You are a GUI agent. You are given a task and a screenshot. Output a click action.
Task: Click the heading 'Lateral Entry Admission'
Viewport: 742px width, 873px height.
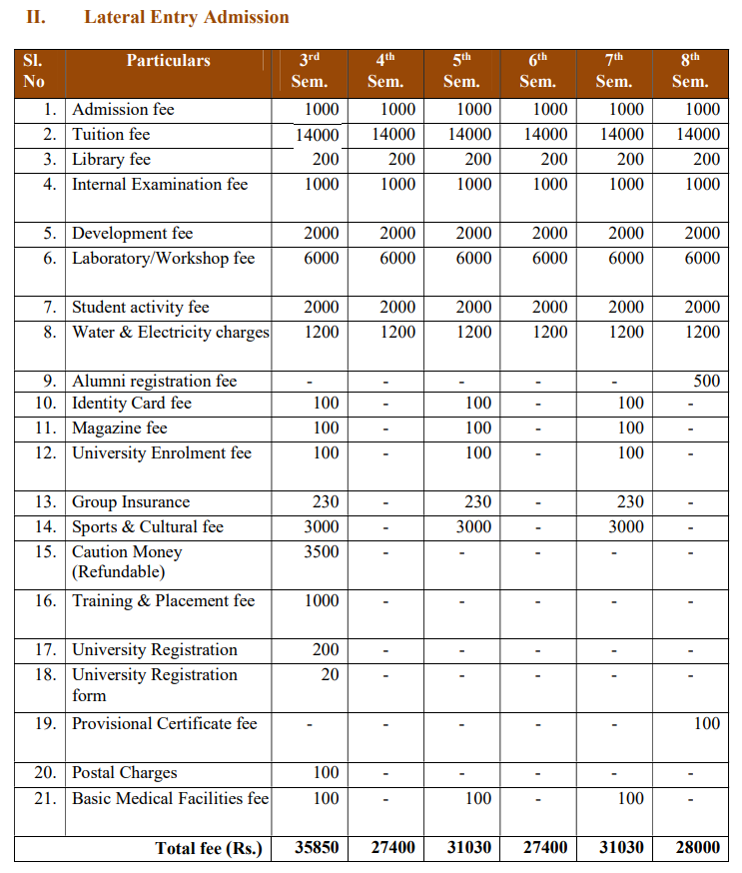point(187,17)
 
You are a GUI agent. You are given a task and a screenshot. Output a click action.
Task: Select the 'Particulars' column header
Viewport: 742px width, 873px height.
point(168,61)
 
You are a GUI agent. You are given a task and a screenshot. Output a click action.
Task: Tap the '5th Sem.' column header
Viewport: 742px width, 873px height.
point(461,71)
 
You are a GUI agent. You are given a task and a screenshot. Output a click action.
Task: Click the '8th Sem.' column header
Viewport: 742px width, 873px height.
point(689,71)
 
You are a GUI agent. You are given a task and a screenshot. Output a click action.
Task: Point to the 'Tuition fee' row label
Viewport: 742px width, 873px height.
point(111,134)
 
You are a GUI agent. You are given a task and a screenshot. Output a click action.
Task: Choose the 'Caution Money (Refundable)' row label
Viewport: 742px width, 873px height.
point(127,561)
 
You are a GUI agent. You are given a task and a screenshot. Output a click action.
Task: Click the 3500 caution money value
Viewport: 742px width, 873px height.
point(322,551)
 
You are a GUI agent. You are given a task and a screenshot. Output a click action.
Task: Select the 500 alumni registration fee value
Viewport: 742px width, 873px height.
point(706,381)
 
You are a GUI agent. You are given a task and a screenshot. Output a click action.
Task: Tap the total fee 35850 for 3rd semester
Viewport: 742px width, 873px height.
point(318,847)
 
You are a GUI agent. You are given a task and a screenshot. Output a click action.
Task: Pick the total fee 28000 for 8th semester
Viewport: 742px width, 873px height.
point(697,847)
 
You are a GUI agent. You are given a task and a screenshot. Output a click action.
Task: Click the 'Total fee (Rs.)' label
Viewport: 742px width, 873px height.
point(209,848)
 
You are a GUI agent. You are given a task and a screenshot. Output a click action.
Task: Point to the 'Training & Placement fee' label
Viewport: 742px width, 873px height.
point(163,600)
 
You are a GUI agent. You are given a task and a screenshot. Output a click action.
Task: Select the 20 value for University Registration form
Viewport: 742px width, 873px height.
point(330,674)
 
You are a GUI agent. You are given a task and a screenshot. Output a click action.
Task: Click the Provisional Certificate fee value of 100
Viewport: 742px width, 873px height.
point(706,723)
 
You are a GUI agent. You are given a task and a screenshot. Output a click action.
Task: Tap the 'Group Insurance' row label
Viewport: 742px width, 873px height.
point(131,501)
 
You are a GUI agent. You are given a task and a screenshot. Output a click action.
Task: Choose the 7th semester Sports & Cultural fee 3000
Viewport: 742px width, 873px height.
point(626,526)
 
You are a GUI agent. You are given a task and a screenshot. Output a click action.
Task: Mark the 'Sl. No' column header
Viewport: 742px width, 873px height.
point(34,71)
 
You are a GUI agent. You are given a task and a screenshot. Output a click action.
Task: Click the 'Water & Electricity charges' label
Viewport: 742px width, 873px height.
point(171,332)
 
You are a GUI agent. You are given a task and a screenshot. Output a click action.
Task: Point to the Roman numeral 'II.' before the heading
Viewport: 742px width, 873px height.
point(37,17)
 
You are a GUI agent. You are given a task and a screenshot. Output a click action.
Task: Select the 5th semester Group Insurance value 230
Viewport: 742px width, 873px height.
point(478,501)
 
